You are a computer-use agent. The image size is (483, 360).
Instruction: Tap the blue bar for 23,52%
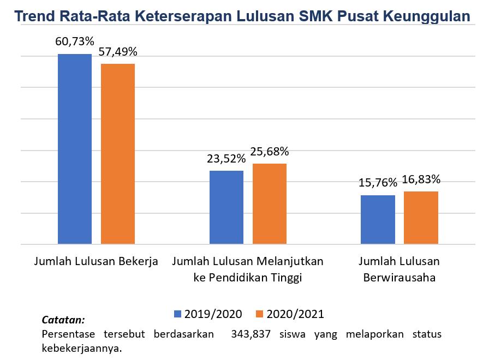[226, 207]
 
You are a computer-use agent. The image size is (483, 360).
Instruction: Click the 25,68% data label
[270, 151]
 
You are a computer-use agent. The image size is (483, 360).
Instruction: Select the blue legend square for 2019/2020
[177, 314]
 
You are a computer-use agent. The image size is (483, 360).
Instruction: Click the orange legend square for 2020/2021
[260, 314]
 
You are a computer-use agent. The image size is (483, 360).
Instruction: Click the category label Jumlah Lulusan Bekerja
[96, 261]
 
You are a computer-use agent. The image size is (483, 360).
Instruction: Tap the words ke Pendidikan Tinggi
[248, 277]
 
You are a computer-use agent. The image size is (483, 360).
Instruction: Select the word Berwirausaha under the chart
[400, 277]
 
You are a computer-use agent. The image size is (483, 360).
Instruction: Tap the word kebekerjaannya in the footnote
[81, 347]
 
